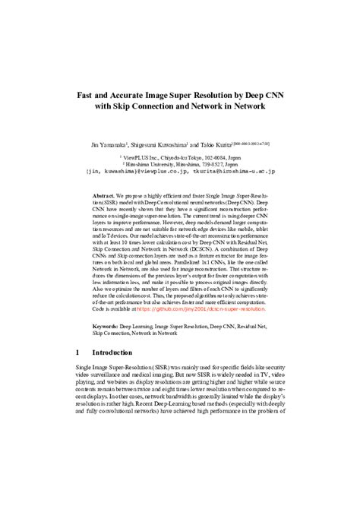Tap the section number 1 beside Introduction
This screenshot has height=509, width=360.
(x=79, y=353)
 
